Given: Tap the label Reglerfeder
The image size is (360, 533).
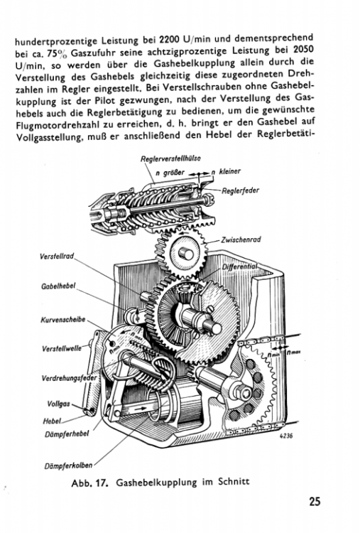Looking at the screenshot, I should (x=241, y=190).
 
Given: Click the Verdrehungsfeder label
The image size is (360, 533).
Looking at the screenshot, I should (x=57, y=378).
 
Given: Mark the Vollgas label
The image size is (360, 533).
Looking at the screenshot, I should (x=58, y=404).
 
